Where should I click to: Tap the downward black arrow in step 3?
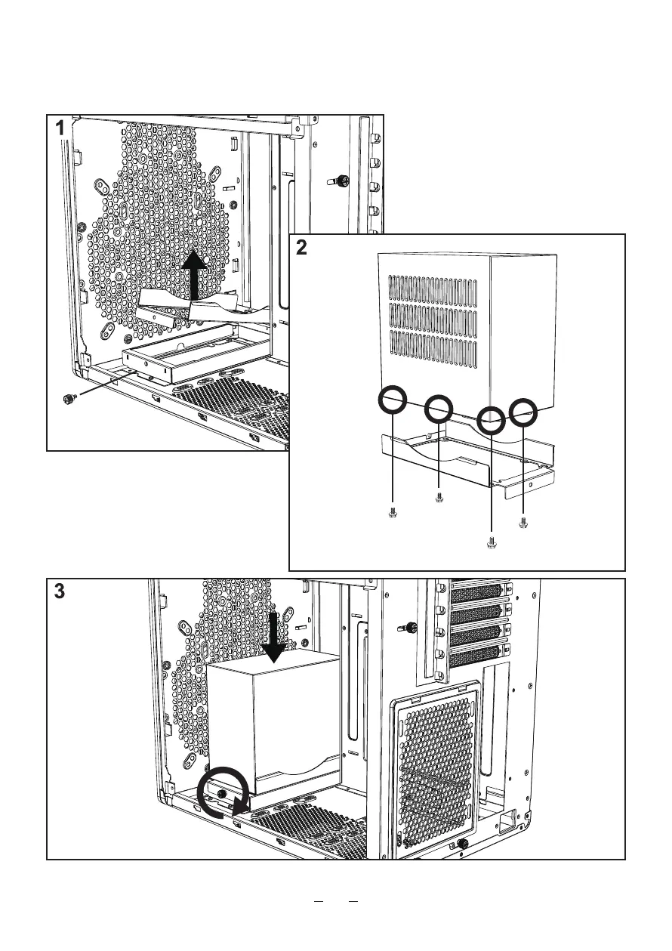273,638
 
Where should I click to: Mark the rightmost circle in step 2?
522,413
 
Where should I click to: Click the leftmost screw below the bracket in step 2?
393,512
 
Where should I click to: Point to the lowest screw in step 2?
492,541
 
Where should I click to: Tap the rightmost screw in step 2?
523,521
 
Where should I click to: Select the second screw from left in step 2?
439,496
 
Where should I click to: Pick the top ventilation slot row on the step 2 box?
433,289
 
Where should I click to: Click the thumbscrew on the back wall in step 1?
339,181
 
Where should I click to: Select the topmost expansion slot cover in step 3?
476,591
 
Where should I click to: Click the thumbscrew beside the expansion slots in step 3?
411,626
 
